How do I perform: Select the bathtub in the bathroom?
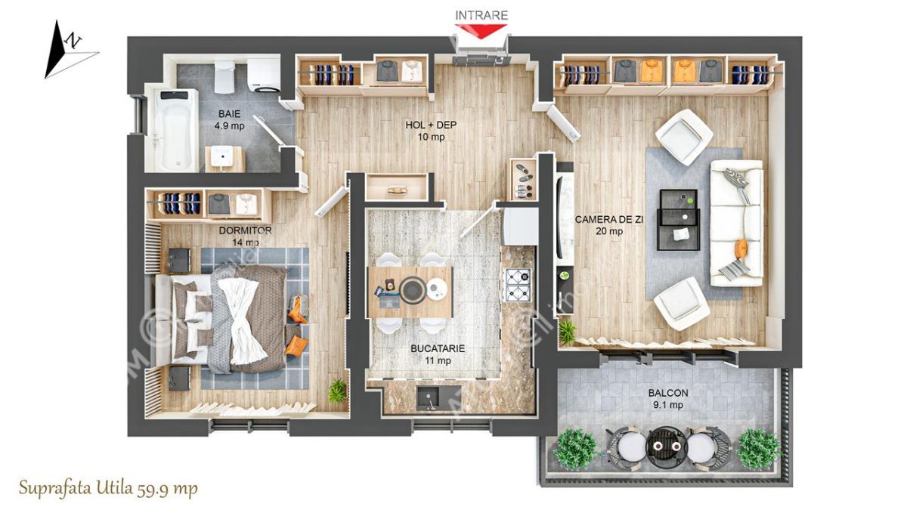click(172, 128)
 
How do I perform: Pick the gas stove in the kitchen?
click(518, 285)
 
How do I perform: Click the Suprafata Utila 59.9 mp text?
click(109, 489)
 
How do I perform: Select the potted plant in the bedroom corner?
click(336, 390)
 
